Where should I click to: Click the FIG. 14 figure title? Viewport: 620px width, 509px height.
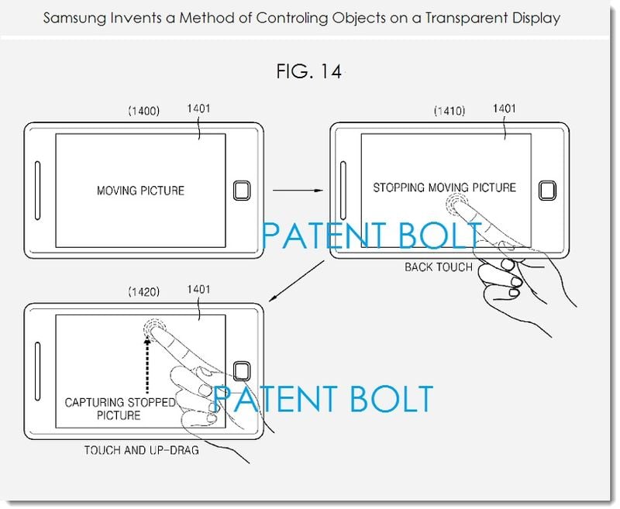pos(308,71)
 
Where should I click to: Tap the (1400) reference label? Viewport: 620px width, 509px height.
pos(143,111)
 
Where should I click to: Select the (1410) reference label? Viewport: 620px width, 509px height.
pos(449,111)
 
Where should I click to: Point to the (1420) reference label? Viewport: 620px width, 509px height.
pos(143,292)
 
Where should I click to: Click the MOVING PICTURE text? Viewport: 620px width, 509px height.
pos(140,191)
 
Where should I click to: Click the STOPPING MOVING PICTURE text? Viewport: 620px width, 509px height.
pos(444,187)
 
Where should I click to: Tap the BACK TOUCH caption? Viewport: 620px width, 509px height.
pos(439,267)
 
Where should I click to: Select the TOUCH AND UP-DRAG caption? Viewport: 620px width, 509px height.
pos(141,450)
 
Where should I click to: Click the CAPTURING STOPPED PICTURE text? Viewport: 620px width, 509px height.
pos(119,409)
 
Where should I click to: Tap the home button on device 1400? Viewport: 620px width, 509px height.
pos(242,191)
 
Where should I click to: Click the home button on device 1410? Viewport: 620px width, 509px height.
pos(548,191)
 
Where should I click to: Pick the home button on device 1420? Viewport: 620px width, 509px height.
pos(242,371)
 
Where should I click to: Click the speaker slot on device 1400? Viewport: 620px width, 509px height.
pos(37,191)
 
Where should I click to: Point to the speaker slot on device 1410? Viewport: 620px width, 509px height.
pos(343,191)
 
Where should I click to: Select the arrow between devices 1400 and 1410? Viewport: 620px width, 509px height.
pos(298,191)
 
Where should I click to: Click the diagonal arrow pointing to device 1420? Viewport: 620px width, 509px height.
pos(297,281)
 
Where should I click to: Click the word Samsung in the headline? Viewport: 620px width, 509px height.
pos(74,18)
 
